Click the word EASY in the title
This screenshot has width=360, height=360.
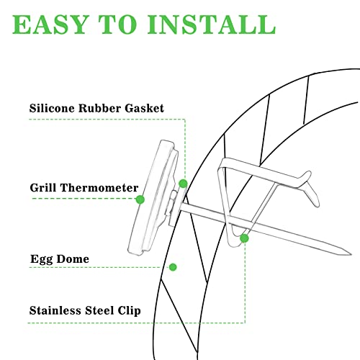[x=50, y=24]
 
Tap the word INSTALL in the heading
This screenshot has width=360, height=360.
[x=212, y=24]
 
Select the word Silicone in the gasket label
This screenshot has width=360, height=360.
[x=52, y=108]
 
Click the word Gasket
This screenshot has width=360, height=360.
[x=144, y=108]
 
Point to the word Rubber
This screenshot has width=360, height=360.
[x=99, y=108]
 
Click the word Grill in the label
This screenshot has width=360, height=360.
[x=43, y=187]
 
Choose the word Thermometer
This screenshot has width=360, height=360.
[x=99, y=187]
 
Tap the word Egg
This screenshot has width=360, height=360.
[x=42, y=259]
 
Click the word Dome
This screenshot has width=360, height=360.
[x=73, y=258]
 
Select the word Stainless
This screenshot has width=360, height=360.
[x=55, y=310]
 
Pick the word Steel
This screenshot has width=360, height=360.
[x=99, y=310]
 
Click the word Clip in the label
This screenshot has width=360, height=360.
[x=129, y=311]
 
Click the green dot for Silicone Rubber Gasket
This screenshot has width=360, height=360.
[x=183, y=184]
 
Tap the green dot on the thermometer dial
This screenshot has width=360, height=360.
[x=140, y=199]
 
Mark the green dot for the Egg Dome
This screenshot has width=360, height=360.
[x=173, y=267]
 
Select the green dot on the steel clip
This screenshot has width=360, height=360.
[x=244, y=238]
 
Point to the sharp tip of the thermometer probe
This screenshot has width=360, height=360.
[x=351, y=254]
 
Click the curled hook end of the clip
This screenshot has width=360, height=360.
[x=312, y=189]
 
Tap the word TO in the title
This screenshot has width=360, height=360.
[x=117, y=24]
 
